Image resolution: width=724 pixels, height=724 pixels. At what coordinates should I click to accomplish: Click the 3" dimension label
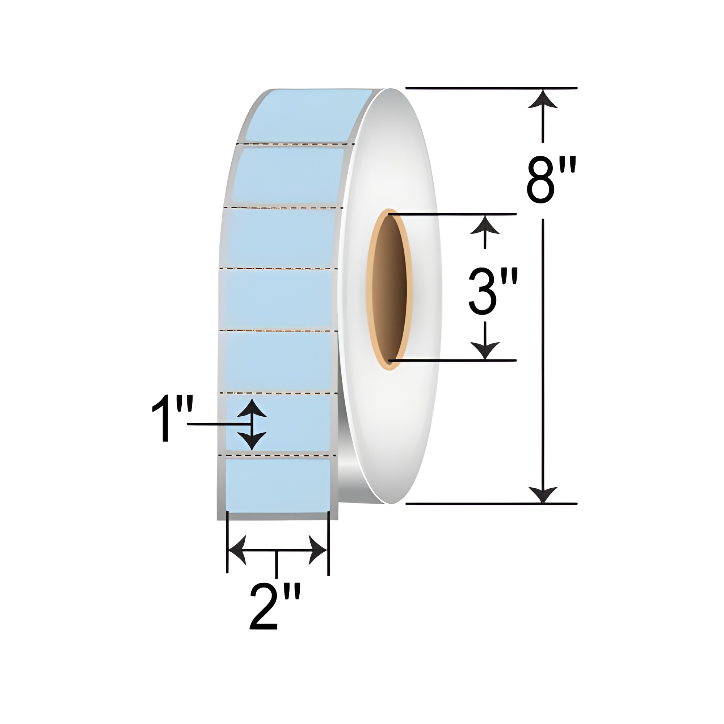(x=493, y=291)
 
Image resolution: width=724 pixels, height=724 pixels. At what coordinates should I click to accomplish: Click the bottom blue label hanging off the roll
(x=278, y=485)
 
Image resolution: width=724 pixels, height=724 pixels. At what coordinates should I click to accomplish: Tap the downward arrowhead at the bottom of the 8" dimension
(x=542, y=494)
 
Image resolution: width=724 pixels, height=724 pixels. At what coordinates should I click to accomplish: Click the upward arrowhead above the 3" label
(x=485, y=226)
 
